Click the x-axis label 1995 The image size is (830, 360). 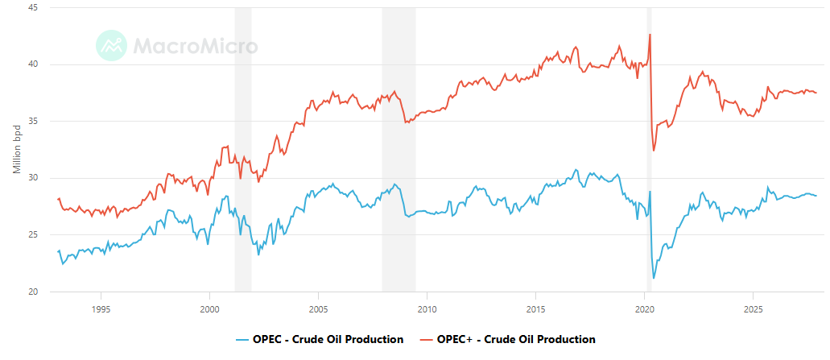[101, 308]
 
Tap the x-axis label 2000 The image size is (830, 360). [209, 308]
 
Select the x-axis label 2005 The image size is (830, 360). [318, 308]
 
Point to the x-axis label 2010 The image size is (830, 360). [427, 308]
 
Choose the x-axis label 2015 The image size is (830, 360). [535, 308]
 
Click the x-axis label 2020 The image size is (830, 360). [644, 308]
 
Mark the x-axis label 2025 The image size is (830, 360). [753, 308]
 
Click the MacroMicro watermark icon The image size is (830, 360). [111, 45]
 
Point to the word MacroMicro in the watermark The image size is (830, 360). [195, 45]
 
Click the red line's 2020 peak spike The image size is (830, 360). [650, 35]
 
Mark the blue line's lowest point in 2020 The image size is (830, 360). [654, 278]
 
